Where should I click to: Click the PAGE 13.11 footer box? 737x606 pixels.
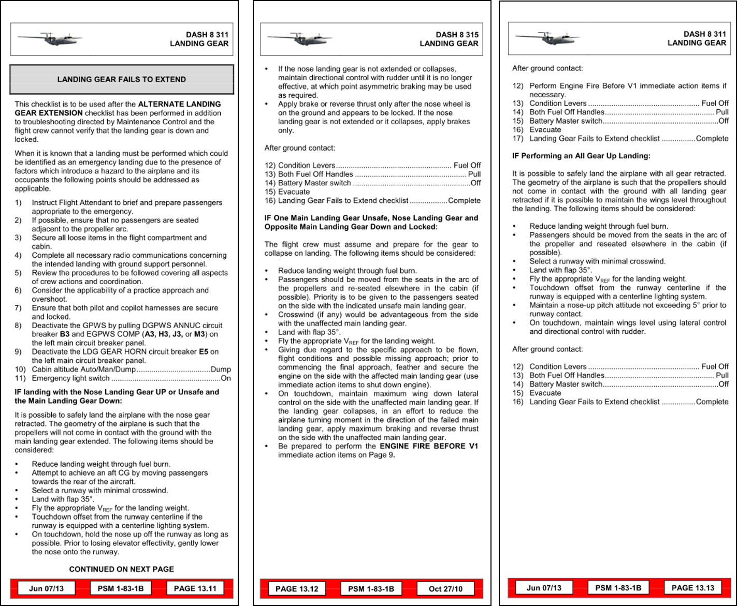[195, 588]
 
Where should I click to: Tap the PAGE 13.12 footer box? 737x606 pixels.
[297, 588]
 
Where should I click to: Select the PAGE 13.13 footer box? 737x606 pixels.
[692, 587]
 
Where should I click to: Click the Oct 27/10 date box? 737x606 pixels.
[445, 588]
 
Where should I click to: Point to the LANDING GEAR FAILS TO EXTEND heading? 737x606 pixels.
[121, 79]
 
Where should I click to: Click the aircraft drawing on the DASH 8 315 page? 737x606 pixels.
[299, 38]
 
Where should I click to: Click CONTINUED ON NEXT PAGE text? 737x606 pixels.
[121, 569]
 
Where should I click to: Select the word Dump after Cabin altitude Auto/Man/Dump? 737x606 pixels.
[221, 369]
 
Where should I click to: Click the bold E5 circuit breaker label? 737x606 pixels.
[203, 351]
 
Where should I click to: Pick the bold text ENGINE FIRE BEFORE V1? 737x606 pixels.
[429, 446]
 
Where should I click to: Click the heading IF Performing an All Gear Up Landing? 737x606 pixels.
[581, 156]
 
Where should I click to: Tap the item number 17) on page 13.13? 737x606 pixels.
[518, 138]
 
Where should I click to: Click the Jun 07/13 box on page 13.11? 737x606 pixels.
[46, 588]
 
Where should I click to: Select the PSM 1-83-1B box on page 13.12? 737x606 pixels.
[371, 588]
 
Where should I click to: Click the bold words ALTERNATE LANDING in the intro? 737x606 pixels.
[179, 104]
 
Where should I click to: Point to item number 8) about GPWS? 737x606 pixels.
[18, 325]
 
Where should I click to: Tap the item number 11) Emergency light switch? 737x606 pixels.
[20, 378]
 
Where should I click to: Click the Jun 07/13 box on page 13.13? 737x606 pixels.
[544, 587]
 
